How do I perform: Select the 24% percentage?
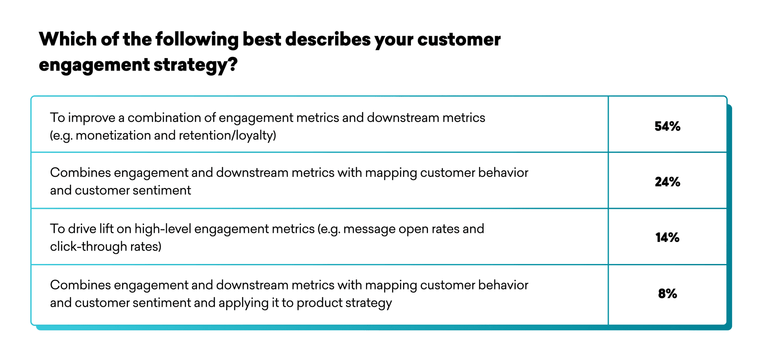[667, 182]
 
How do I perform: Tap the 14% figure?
[667, 238]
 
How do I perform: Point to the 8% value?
[667, 294]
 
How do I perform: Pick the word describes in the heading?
[327, 39]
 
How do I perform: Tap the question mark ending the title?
[233, 64]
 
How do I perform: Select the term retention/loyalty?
[227, 136]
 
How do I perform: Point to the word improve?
[92, 118]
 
